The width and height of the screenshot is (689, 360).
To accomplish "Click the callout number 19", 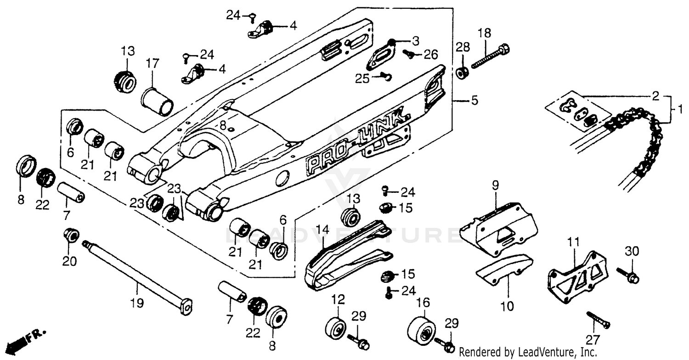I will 137,303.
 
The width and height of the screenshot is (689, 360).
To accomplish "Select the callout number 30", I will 632,251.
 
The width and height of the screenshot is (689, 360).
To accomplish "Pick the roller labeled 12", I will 337,328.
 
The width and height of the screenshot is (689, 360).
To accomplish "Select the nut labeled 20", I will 72,236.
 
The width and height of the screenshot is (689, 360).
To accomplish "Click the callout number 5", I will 474,100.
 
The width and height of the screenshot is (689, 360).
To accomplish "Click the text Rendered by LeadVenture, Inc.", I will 528,353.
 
